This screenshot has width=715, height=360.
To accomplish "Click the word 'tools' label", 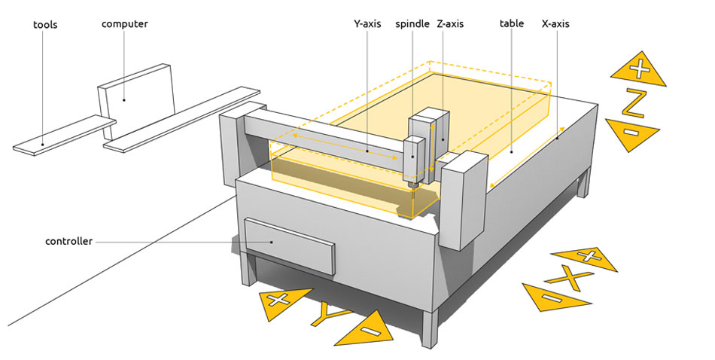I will (45, 25).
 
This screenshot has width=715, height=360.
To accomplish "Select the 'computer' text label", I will (125, 24).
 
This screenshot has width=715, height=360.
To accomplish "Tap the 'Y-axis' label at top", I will (368, 24).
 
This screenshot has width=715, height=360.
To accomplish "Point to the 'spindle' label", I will (412, 24).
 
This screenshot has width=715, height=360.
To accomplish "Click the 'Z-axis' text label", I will (450, 24).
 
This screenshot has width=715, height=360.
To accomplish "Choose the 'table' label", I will (512, 24).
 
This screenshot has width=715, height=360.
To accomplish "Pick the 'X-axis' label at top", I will (555, 24).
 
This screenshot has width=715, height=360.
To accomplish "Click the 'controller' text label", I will (68, 242).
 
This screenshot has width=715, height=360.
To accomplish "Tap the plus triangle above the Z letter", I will (637, 69).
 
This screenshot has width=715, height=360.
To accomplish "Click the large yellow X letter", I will (572, 279).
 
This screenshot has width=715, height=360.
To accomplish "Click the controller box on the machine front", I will (289, 245).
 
